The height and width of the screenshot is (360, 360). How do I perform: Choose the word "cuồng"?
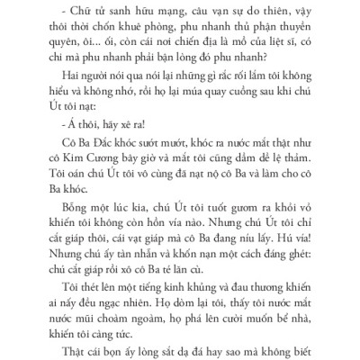tap(238, 118)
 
